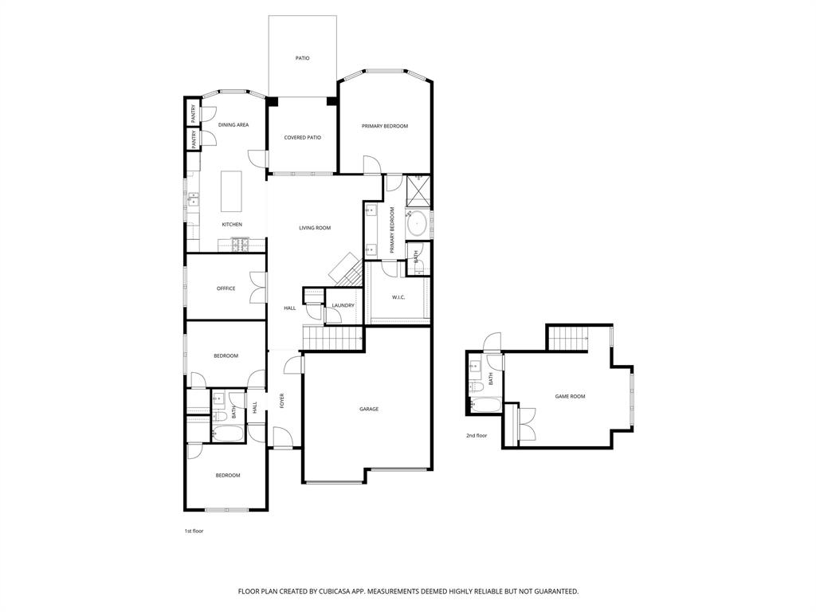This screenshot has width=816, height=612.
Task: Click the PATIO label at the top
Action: tap(302, 58)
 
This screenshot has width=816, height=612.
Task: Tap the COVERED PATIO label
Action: tap(302, 138)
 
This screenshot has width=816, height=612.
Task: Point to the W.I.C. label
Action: tap(398, 297)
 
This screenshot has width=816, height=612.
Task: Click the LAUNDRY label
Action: tap(343, 305)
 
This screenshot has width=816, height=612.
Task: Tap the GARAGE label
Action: tap(368, 409)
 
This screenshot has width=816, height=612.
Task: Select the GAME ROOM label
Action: tap(570, 396)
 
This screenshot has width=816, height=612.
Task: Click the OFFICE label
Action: tap(226, 288)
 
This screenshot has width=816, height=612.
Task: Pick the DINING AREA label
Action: tap(233, 125)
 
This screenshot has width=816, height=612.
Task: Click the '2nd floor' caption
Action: tap(477, 436)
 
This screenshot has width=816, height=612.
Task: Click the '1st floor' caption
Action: tap(194, 531)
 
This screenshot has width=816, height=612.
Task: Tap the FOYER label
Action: tap(281, 401)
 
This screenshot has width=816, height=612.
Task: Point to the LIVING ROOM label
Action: tap(315, 228)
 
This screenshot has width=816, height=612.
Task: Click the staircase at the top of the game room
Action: tap(567, 339)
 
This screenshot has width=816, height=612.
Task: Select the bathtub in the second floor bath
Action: tap(484, 406)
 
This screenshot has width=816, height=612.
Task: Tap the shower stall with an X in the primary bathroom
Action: tap(417, 190)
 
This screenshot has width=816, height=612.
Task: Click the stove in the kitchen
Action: tap(237, 245)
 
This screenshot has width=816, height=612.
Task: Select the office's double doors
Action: tap(257, 288)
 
